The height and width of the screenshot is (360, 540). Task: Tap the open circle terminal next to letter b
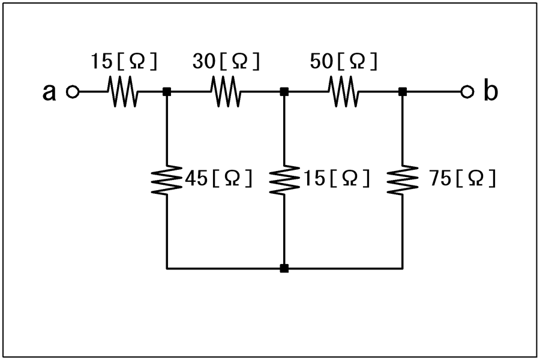[467, 92]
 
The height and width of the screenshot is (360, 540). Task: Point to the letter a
[49, 92]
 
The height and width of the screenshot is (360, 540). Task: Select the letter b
[491, 89]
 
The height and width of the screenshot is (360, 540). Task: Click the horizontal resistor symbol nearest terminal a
[123, 92]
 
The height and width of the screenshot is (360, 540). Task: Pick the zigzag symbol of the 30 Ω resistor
[226, 92]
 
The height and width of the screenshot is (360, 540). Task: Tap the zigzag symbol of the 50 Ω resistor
[343, 92]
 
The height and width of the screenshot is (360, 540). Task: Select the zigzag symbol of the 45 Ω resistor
[167, 180]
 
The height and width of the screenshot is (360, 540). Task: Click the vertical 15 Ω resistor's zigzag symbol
[284, 180]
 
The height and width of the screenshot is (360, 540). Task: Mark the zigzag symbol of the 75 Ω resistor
[402, 180]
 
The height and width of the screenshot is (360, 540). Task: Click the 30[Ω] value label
[226, 61]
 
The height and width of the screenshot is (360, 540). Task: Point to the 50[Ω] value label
[344, 61]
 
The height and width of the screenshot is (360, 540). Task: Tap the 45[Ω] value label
[218, 178]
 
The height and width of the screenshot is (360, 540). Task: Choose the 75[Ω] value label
[462, 178]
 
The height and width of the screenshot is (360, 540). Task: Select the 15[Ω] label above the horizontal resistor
[124, 61]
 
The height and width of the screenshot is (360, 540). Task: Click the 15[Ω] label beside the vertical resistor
[336, 178]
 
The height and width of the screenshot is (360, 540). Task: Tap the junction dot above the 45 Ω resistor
[167, 92]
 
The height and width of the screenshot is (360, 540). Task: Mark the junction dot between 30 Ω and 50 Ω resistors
[284, 92]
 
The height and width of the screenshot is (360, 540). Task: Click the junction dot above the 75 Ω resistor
[402, 92]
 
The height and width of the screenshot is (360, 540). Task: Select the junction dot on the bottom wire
[284, 268]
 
